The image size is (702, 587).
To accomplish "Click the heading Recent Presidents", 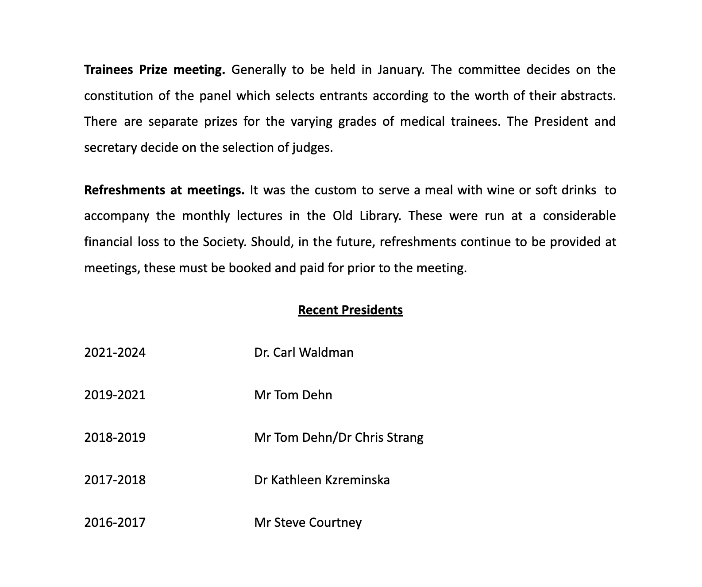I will click(x=350, y=310).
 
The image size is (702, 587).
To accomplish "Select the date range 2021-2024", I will click(x=115, y=352).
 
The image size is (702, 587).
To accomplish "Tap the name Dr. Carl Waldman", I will click(x=304, y=352).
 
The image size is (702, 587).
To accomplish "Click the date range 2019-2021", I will click(x=115, y=395).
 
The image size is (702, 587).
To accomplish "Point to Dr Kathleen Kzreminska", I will click(x=322, y=480).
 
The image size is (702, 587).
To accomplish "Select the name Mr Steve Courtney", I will click(x=308, y=522).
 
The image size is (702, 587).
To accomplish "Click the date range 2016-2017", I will click(x=115, y=522).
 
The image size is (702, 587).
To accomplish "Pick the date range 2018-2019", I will click(x=115, y=437).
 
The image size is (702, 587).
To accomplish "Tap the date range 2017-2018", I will click(x=115, y=480).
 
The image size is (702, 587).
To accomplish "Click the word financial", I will click(x=108, y=242).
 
